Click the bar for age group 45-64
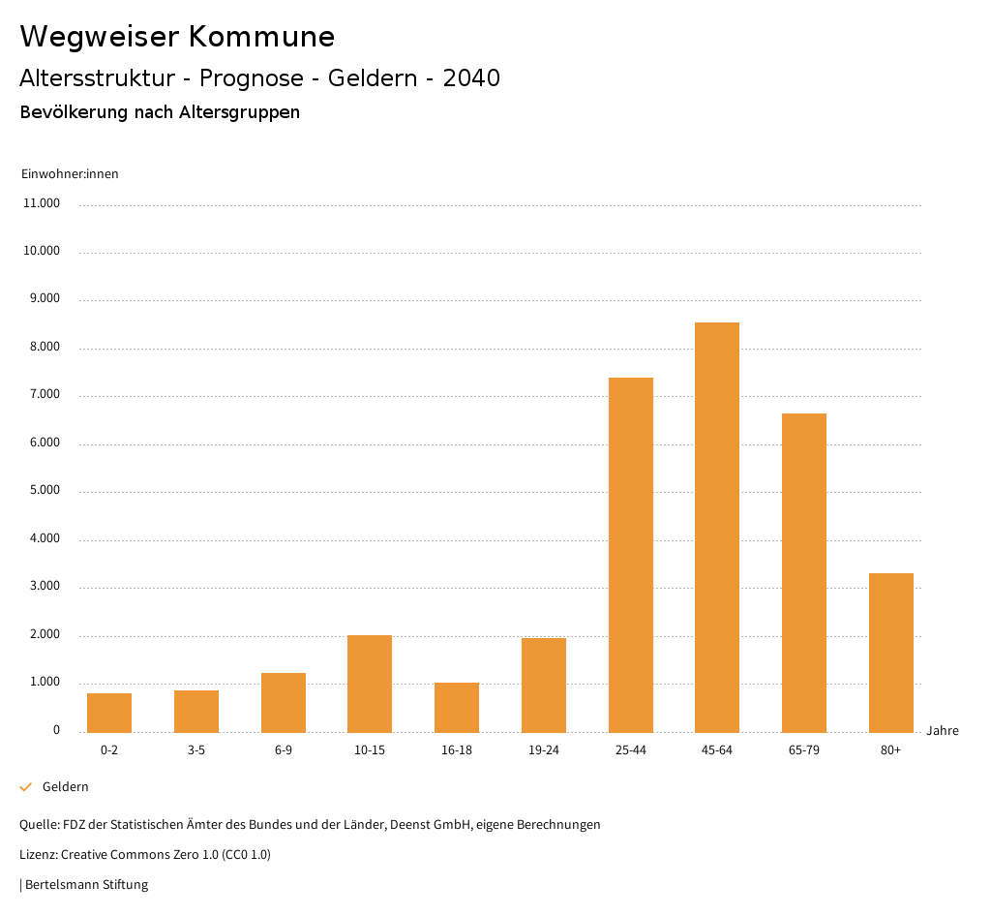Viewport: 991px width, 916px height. pyautogui.click(x=717, y=528)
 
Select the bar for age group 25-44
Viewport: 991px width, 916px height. pyautogui.click(x=630, y=555)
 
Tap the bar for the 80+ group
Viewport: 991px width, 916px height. pyautogui.click(x=890, y=653)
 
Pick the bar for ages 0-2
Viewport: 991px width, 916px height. pyautogui.click(x=109, y=713)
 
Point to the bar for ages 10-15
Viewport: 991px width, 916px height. pyautogui.click(x=370, y=684)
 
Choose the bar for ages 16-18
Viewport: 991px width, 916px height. pyautogui.click(x=457, y=707)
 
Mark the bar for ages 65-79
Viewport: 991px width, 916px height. pyautogui.click(x=804, y=572)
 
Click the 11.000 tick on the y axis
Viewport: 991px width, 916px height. pyautogui.click(x=42, y=203)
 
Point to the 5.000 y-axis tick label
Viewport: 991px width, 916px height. pyautogui.click(x=45, y=490)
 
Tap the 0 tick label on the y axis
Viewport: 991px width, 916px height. pyautogui.click(x=56, y=730)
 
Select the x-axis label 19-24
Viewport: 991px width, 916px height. pyautogui.click(x=544, y=750)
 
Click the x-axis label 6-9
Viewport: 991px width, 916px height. pyautogui.click(x=284, y=750)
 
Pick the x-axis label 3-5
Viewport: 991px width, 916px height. pyautogui.click(x=196, y=750)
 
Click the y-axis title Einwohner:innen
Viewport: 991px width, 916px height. pyautogui.click(x=70, y=174)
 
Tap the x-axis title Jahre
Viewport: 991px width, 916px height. pyautogui.click(x=942, y=731)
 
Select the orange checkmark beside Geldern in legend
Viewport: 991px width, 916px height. pyautogui.click(x=26, y=787)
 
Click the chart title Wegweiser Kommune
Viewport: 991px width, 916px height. pyautogui.click(x=177, y=37)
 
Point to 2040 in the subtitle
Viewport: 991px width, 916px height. pyautogui.click(x=471, y=78)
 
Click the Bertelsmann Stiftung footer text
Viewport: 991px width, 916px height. pyautogui.click(x=86, y=884)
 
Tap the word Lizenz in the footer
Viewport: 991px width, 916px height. pyautogui.click(x=38, y=854)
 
